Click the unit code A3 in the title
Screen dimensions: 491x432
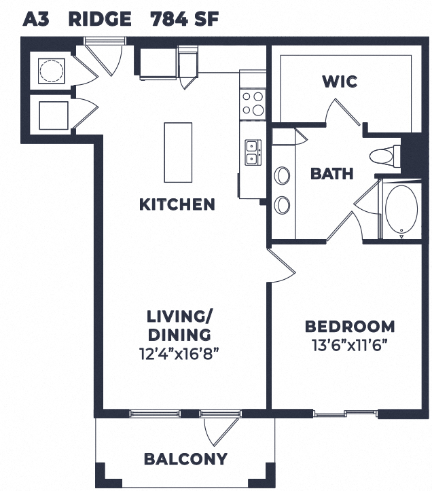pos(37,18)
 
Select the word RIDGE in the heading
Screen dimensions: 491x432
pos(100,18)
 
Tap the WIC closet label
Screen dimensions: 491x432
pos(340,82)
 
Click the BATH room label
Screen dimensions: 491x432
pos(331,174)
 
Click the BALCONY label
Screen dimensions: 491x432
pos(185,459)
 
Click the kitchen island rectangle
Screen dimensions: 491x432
pos(178,152)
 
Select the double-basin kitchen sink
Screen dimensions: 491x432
pos(252,152)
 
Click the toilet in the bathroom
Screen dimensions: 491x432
pos(385,156)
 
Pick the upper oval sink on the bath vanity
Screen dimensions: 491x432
pos(282,176)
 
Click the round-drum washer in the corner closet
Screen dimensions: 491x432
pos(51,70)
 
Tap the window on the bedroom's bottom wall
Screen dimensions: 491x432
pos(346,412)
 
